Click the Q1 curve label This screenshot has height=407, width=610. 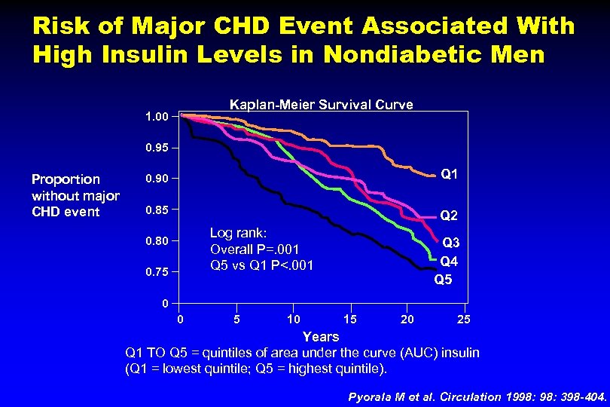450,174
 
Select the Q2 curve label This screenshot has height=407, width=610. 450,216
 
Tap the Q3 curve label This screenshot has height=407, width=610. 451,243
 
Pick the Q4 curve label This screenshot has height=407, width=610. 450,262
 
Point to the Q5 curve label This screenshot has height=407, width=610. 444,280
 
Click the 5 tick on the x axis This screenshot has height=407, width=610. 236,320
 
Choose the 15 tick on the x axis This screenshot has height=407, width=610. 350,320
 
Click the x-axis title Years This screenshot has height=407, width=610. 320,336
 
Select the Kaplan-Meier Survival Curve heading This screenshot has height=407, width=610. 321,105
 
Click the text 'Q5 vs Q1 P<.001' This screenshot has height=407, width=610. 261,265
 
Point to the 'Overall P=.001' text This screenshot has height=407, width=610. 255,249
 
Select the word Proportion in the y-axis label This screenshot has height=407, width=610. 66,179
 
